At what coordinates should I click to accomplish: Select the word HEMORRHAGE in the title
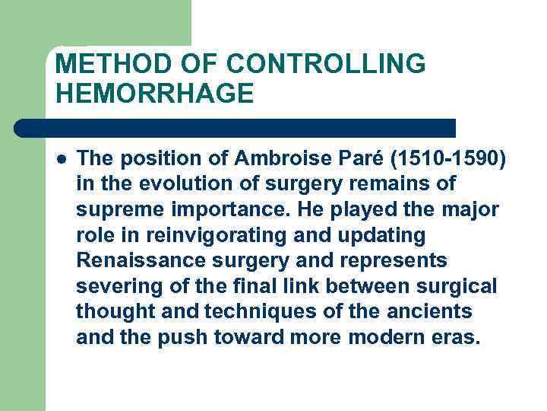click(x=154, y=94)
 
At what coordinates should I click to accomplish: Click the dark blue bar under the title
click(x=236, y=127)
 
